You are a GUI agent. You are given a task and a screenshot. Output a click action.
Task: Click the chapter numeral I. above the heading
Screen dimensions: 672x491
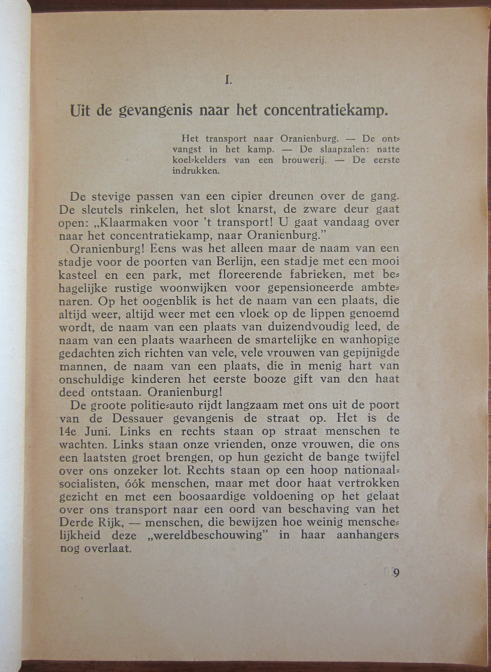coord(228,81)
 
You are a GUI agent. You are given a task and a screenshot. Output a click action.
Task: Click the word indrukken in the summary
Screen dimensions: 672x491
coord(196,171)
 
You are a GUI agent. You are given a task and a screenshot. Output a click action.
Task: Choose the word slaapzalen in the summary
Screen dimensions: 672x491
coord(342,149)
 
